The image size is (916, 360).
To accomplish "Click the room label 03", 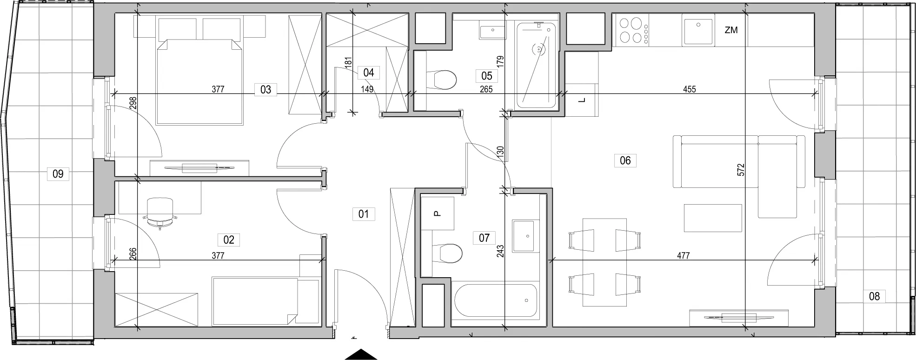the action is click(x=266, y=89).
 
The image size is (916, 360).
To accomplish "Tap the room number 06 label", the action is click(x=625, y=161).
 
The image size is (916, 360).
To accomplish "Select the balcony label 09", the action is click(x=58, y=174).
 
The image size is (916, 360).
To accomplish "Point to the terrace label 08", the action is click(x=874, y=296).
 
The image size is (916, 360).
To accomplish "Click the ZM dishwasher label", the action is click(x=731, y=31).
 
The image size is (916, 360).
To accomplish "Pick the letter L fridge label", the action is click(x=581, y=100).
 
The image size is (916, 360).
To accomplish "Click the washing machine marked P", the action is click(x=437, y=213).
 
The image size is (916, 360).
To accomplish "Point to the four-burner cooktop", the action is click(x=632, y=30).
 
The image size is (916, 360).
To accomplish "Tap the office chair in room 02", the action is click(x=160, y=212).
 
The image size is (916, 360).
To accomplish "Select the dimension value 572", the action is click(x=741, y=169).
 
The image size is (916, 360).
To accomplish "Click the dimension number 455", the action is click(x=690, y=89).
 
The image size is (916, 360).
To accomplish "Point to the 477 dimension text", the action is click(x=683, y=255).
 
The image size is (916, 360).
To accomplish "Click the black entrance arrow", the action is click(x=361, y=354).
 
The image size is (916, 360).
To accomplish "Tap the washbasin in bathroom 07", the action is click(x=528, y=236).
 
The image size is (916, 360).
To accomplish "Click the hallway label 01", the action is click(x=364, y=214).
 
